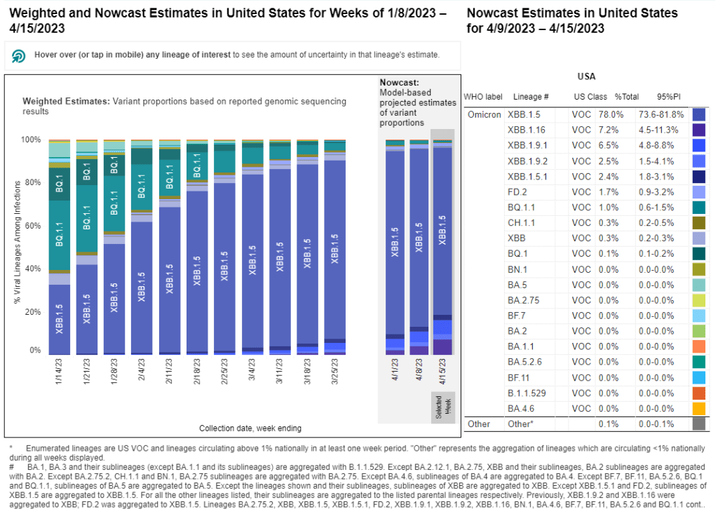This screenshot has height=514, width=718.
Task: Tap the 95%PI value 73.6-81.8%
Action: [x=661, y=114]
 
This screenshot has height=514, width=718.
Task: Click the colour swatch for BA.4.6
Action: [x=698, y=408]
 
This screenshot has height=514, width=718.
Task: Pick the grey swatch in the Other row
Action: [x=698, y=424]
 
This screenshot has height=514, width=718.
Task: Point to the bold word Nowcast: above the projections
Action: [x=398, y=82]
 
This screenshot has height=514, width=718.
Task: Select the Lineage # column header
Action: [x=531, y=96]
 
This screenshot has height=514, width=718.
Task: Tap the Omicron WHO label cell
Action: [x=483, y=114]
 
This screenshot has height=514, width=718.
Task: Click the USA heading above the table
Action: [x=586, y=76]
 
